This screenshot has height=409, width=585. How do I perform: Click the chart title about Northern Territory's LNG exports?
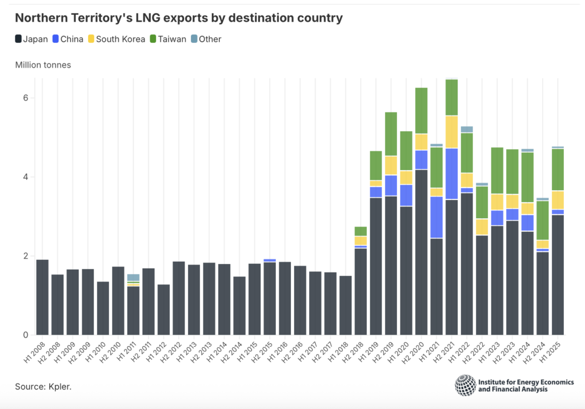click(178, 18)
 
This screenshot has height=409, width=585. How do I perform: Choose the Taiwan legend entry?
click(168, 39)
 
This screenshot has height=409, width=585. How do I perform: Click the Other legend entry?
click(206, 39)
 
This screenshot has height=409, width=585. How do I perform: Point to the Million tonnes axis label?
click(43, 65)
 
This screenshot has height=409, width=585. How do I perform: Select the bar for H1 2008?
click(42, 297)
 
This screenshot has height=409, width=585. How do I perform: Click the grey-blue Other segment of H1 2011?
click(133, 277)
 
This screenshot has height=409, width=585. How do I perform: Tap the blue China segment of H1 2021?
click(436, 217)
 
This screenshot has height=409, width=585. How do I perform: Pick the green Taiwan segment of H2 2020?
click(421, 111)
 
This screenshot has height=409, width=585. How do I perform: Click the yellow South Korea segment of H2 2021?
click(451, 132)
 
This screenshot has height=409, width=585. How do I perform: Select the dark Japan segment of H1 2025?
click(558, 274)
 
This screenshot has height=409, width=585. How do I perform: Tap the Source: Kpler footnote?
click(43, 387)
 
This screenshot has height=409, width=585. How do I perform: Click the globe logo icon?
click(464, 385)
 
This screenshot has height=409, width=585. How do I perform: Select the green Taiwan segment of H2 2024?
click(543, 220)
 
